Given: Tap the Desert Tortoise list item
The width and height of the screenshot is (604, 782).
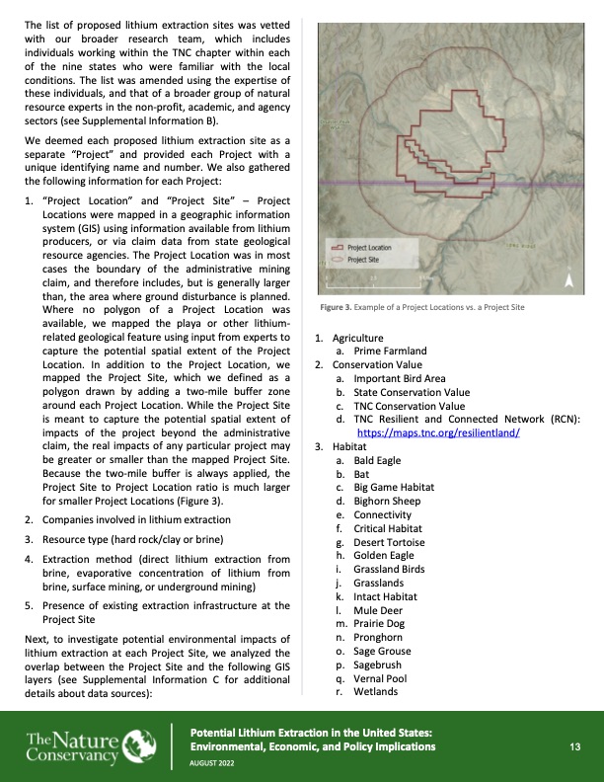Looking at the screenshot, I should [389, 542].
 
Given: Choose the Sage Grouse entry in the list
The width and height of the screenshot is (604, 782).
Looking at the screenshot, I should [382, 651].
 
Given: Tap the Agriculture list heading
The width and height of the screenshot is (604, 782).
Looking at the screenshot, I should [362, 338].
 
